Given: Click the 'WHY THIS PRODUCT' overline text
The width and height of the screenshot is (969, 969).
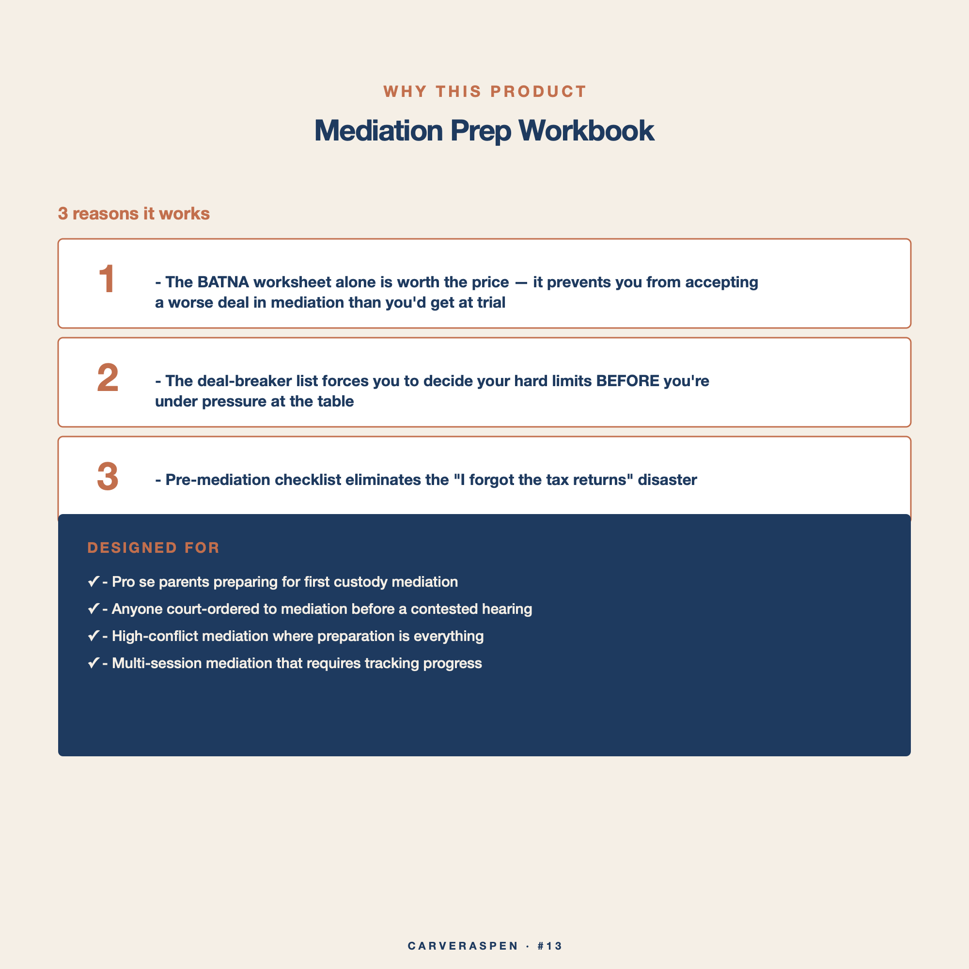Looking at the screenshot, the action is [x=484, y=92].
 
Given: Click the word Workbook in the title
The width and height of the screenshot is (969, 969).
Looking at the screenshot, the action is [x=586, y=130].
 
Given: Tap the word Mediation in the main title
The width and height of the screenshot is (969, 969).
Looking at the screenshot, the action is [x=379, y=130].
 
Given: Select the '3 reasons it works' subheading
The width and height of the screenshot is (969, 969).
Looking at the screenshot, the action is [x=134, y=214].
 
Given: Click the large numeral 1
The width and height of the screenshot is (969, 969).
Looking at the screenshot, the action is [x=107, y=279].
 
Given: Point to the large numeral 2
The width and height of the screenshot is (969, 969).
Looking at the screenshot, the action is [x=108, y=378].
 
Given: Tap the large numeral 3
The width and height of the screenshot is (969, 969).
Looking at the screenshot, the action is [x=108, y=476].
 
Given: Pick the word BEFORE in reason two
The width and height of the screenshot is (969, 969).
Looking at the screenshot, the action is [x=627, y=381].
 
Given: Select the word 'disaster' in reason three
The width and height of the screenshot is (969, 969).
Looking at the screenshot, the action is [x=667, y=480].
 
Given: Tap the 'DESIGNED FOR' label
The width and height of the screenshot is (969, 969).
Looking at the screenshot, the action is [x=154, y=547].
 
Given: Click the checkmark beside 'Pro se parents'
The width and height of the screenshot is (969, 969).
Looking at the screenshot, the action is [x=94, y=581].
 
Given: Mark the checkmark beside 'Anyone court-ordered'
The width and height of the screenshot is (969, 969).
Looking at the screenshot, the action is [x=94, y=609].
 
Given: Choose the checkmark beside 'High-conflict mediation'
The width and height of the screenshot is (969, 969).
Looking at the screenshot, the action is [x=94, y=636].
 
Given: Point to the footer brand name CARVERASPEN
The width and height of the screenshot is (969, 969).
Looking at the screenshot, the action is [x=463, y=946].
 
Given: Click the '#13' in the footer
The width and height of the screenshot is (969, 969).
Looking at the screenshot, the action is [x=550, y=946].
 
